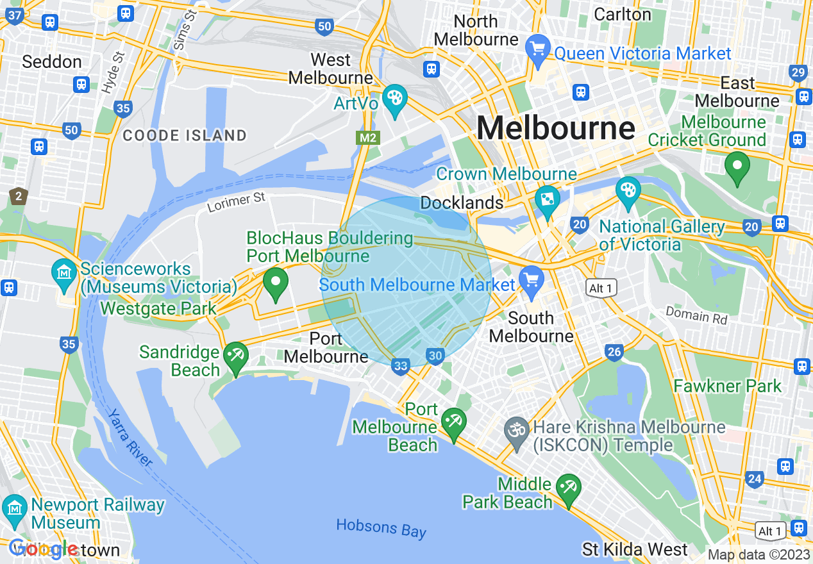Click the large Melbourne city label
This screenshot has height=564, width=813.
tap(555, 128)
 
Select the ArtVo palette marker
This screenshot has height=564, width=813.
tap(394, 99)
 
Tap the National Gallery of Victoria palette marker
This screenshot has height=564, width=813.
tap(628, 190)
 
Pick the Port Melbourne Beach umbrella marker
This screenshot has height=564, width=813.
tap(454, 422)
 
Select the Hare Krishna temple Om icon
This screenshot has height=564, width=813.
tap(516, 427)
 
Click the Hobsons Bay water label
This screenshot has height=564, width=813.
tap(381, 529)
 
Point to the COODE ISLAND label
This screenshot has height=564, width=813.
tap(185, 135)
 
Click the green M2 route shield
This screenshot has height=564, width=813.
tap(367, 138)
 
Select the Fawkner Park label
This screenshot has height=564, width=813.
tap(728, 386)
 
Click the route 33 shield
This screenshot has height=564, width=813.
tap(401, 366)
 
